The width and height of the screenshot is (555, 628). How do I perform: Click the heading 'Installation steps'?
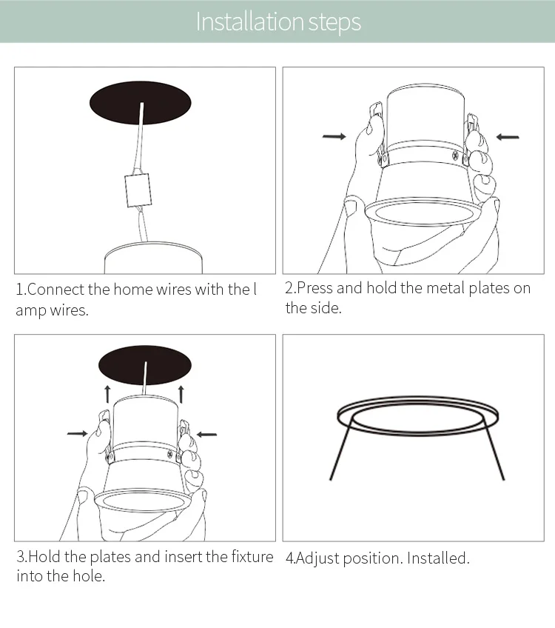[278, 22]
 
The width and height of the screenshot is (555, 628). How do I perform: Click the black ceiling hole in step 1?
[140, 103]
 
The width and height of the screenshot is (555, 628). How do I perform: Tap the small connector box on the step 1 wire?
[138, 190]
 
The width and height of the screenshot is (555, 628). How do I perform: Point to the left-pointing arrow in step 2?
[508, 137]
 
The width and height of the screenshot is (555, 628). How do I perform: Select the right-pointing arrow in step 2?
[334, 136]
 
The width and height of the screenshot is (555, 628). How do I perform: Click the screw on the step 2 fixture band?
[455, 156]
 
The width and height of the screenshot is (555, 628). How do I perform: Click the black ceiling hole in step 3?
[145, 365]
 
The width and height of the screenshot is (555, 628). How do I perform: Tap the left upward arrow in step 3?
[107, 394]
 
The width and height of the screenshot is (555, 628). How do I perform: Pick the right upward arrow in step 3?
[181, 394]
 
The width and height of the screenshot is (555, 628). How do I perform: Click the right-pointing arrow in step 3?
[78, 433]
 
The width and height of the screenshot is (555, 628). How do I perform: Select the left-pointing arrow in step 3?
[207, 434]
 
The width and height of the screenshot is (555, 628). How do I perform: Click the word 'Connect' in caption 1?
[56, 290]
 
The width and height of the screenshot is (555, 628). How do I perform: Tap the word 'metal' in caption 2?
[445, 288]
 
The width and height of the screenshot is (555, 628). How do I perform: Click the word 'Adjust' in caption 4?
[317, 558]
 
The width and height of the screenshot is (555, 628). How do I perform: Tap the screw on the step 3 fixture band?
[170, 454]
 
